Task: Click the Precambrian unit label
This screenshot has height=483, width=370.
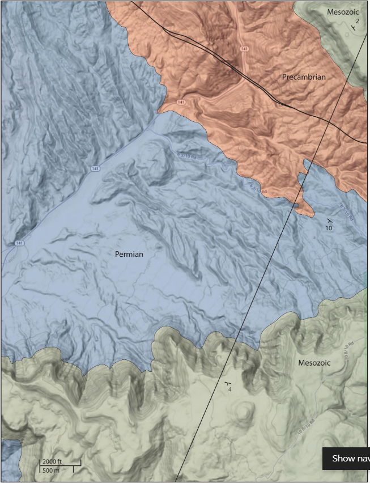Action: click(304, 77)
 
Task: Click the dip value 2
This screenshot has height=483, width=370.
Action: click(358, 20)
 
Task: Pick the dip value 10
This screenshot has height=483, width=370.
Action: click(328, 227)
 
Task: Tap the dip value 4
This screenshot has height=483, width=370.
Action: click(229, 389)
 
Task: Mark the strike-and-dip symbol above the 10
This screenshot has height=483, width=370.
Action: click(329, 219)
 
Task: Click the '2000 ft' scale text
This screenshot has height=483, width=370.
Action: click(52, 461)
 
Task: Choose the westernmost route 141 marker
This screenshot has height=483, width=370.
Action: click(20, 243)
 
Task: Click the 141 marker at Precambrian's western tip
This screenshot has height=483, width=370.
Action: click(180, 102)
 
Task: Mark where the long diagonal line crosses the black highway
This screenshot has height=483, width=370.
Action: click(329, 121)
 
